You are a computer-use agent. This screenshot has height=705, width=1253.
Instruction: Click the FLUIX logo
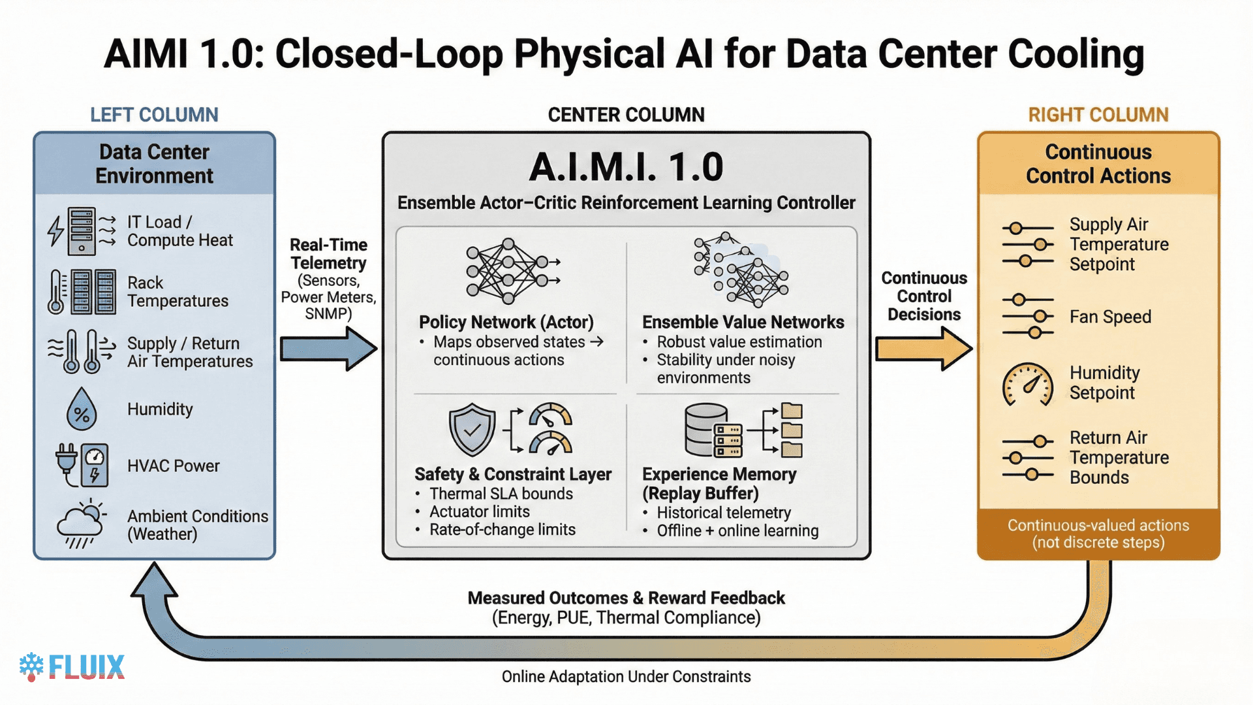(x=72, y=666)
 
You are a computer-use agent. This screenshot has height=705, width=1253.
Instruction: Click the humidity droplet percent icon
(x=82, y=409)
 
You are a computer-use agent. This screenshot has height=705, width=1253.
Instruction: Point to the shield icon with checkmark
(x=472, y=429)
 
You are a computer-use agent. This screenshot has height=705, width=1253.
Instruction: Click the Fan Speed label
(x=1109, y=317)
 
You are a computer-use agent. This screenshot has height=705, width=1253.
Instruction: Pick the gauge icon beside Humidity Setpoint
(x=1027, y=384)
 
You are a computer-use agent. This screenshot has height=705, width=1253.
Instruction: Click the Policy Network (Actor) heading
(x=506, y=322)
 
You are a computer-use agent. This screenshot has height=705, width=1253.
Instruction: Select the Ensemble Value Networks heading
(x=743, y=322)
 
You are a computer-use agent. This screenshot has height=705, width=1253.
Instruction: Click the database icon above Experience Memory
(x=707, y=430)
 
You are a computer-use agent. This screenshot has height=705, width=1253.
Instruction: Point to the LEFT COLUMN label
(x=154, y=115)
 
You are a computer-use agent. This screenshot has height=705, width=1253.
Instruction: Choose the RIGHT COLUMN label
(x=1098, y=115)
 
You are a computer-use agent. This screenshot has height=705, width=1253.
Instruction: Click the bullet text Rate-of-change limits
(x=502, y=529)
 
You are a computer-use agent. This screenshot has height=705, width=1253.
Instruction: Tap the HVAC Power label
(x=173, y=466)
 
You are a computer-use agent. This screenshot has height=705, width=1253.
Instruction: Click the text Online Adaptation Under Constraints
(x=626, y=677)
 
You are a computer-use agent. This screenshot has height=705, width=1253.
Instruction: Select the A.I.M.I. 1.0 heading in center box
(x=626, y=167)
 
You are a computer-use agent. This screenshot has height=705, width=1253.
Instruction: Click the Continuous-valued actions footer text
(x=1098, y=533)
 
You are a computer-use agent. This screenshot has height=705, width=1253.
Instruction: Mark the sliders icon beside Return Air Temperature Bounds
(x=1027, y=458)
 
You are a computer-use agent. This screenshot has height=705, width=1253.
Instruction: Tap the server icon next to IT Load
(x=82, y=231)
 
